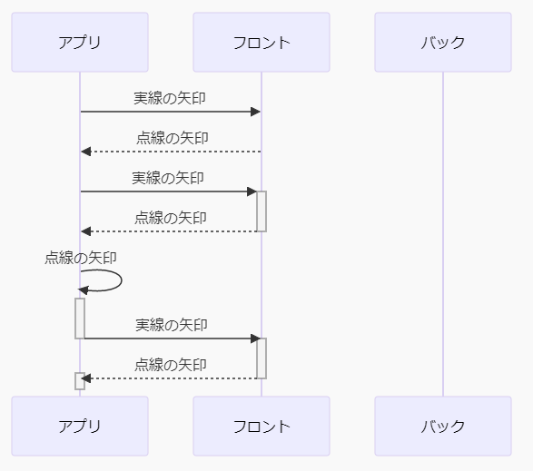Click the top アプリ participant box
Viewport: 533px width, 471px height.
80,42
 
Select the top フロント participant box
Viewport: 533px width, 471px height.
262,42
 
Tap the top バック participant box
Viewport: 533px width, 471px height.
443,42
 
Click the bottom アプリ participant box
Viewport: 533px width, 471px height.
80,426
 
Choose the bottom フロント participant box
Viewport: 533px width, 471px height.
262,426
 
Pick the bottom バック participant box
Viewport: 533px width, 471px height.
443,426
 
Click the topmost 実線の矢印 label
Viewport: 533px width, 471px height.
170,98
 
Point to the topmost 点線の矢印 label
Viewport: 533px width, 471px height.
172,138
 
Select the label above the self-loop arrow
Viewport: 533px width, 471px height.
81,258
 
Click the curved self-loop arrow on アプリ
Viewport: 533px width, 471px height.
120,280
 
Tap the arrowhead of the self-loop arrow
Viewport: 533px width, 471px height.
84,290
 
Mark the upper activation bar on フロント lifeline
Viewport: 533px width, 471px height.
262,211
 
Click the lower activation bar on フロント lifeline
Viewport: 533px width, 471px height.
262,358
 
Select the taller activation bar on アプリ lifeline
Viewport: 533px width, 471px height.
80,319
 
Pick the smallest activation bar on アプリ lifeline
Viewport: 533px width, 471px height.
80,381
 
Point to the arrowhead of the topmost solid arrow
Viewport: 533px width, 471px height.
256,112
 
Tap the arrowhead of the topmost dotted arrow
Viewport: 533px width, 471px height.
85,152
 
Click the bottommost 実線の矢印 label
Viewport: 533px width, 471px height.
172,325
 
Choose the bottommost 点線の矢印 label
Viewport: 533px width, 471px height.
171,365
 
